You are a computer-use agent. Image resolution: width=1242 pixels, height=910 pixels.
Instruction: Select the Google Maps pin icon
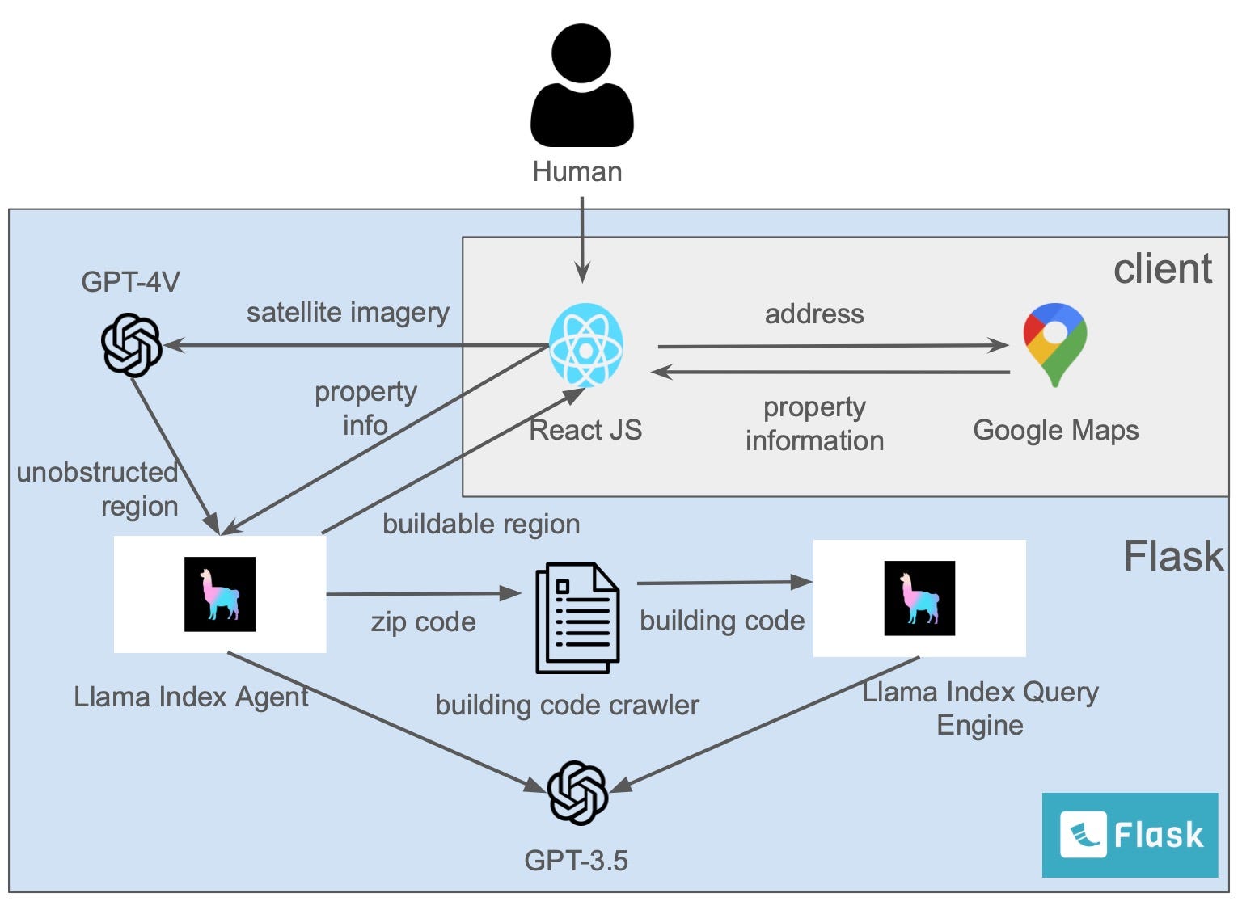pyautogui.click(x=1055, y=344)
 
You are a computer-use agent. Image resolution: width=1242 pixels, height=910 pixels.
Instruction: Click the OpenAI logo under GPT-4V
pyautogui.click(x=132, y=345)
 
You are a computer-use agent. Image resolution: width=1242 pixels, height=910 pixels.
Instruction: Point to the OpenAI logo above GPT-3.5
pyautogui.click(x=577, y=792)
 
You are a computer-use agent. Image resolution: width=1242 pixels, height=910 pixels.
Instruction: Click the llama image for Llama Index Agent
pyautogui.click(x=220, y=594)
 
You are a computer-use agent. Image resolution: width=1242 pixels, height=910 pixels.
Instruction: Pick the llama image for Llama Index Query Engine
pyautogui.click(x=919, y=598)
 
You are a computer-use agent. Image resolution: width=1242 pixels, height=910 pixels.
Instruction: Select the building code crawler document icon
pyautogui.click(x=577, y=618)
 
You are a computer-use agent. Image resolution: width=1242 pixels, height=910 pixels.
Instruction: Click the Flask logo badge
pyautogui.click(x=1130, y=835)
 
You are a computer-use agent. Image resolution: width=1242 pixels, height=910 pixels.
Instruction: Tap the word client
pyautogui.click(x=1162, y=269)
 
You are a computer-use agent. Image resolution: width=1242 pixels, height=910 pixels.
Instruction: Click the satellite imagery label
pyautogui.click(x=348, y=313)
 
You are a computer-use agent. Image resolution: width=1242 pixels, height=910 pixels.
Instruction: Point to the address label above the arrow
pyautogui.click(x=814, y=314)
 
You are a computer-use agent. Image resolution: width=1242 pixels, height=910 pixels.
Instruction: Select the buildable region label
pyautogui.click(x=481, y=524)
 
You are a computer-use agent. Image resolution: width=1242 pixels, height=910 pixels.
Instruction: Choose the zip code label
pyautogui.click(x=423, y=621)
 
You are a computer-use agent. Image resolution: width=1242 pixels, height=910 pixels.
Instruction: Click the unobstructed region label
pyautogui.click(x=98, y=489)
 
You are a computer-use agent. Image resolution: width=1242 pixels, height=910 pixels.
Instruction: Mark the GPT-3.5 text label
pyautogui.click(x=576, y=860)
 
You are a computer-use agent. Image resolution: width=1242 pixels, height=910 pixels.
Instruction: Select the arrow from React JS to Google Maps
pyautogui.click(x=833, y=346)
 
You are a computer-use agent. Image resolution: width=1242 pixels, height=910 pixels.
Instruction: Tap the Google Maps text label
pyautogui.click(x=1055, y=430)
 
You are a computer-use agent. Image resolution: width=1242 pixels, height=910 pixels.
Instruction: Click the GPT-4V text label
pyautogui.click(x=130, y=282)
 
